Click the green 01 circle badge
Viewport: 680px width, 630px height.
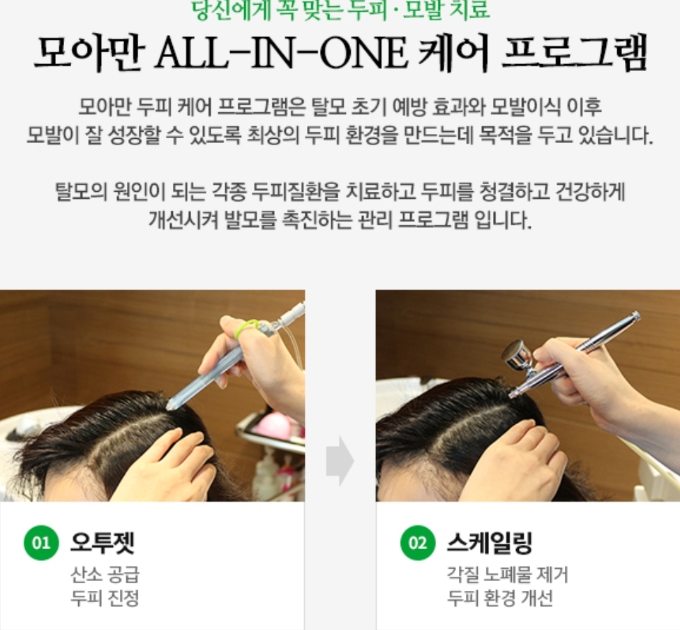tap(41, 543)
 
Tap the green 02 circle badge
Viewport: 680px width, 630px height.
tap(418, 543)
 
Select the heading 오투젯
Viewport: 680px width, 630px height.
tap(103, 542)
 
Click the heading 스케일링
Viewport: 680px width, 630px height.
tap(489, 542)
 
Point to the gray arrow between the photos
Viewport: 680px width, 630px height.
tap(340, 460)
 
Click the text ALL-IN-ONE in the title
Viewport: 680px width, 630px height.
tap(282, 53)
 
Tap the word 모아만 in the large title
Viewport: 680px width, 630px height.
tap(89, 53)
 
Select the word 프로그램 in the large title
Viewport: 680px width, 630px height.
tap(574, 53)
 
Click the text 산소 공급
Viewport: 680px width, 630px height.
tap(105, 575)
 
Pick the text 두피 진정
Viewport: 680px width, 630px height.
tap(105, 599)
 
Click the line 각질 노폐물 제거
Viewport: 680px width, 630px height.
tap(508, 575)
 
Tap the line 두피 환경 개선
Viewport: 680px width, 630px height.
tap(500, 599)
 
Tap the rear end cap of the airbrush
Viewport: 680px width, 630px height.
tap(635, 317)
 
